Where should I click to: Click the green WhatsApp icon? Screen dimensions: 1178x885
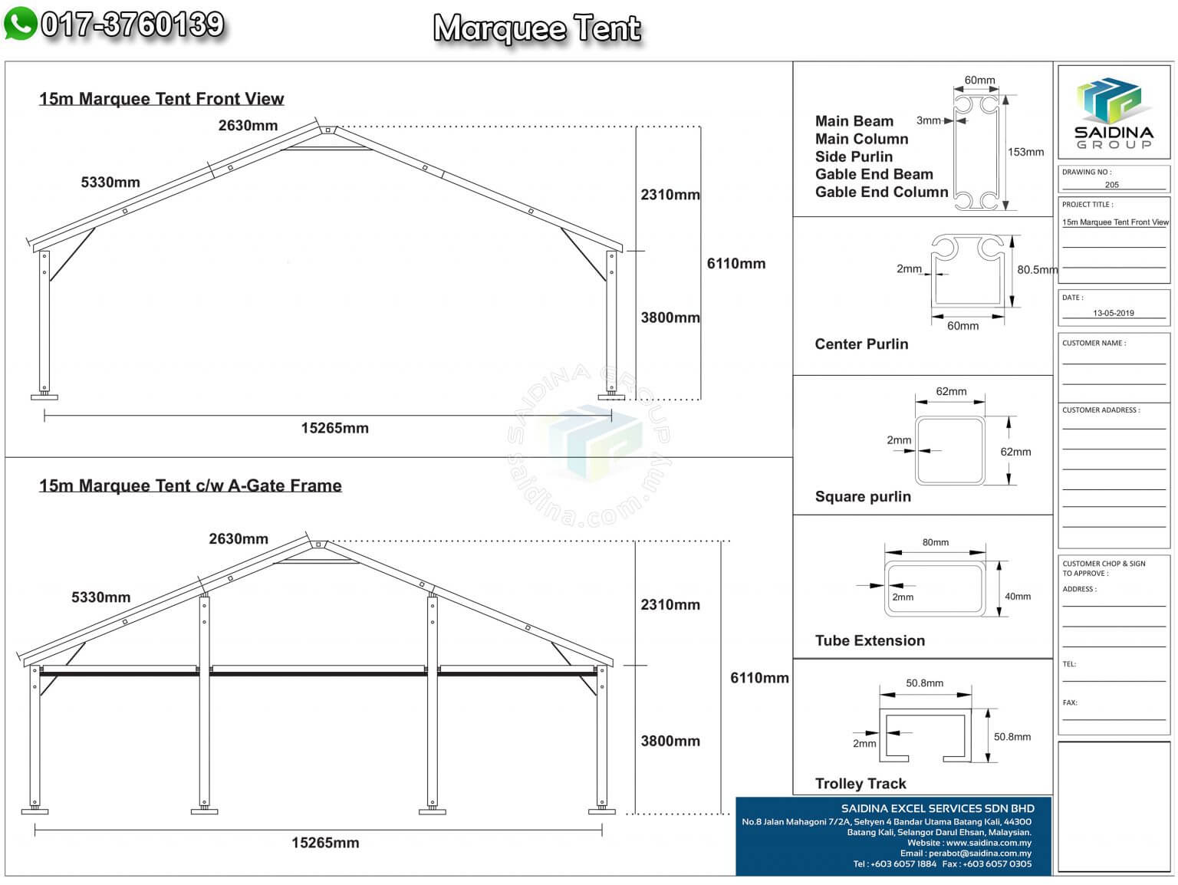pos(21,24)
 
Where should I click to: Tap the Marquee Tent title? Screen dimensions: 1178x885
pos(537,28)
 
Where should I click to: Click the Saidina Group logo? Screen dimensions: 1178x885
pos(1114,113)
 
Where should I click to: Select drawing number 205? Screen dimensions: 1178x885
pos(1111,185)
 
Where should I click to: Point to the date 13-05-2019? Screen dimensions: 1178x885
pos(1114,313)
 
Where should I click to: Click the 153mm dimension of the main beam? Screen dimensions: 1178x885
pos(1025,153)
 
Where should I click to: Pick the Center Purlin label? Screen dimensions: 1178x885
pos(861,344)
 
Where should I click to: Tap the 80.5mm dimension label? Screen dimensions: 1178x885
pos(1038,269)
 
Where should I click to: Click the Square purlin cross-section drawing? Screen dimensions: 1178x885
pos(950,451)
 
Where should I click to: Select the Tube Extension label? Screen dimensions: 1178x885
pos(870,641)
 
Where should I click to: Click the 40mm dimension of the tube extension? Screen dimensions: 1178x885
pos(1018,596)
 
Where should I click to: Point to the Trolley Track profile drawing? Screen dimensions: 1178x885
pos(925,735)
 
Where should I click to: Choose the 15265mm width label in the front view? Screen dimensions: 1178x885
pos(335,428)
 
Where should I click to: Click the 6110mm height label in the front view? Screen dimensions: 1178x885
pos(735,264)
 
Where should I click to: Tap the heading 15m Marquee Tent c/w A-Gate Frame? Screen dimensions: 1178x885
pos(190,485)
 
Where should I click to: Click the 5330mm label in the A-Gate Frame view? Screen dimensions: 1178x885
pos(101,597)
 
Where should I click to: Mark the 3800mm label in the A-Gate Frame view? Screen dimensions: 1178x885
pos(670,741)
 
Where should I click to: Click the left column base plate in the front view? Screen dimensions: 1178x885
pos(44,397)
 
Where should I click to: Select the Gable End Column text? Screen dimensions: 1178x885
pos(882,192)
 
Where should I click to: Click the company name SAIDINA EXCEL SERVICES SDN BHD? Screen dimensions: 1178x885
pos(938,808)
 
